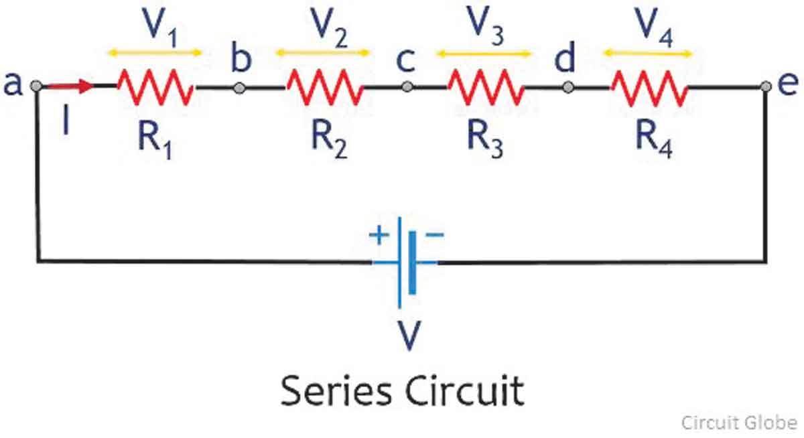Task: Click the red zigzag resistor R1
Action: [155, 88]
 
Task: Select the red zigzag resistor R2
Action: [326, 88]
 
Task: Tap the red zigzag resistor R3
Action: [486, 88]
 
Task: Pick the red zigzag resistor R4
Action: [649, 88]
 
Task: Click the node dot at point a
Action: [38, 86]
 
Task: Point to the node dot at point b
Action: [239, 87]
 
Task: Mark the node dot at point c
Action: [406, 87]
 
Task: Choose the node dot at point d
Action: [567, 87]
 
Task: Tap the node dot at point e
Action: [766, 86]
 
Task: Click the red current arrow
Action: [70, 86]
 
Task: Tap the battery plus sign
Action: [380, 236]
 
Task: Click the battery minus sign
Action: [433, 235]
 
